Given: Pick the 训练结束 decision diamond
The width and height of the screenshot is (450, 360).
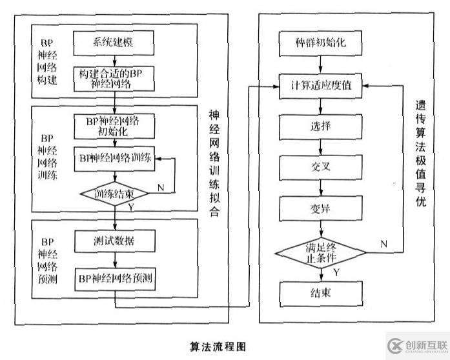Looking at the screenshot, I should pyautogui.click(x=114, y=193).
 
